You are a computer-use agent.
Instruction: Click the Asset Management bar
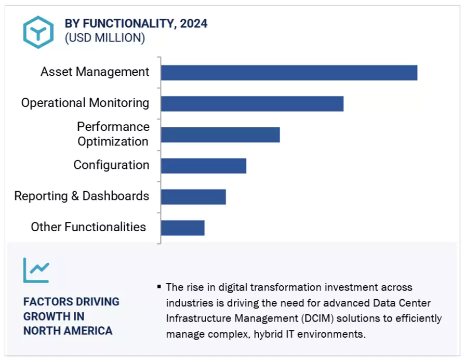click(x=289, y=73)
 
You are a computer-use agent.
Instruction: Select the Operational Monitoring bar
click(x=252, y=103)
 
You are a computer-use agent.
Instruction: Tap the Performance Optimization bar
click(x=220, y=135)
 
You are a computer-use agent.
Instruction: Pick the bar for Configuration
click(x=203, y=166)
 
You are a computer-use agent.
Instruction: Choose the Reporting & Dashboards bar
click(x=193, y=197)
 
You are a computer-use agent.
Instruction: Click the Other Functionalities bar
click(x=182, y=228)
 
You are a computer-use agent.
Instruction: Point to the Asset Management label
click(x=95, y=72)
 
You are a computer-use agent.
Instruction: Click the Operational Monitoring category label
click(x=85, y=103)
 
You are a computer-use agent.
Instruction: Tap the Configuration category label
click(x=111, y=165)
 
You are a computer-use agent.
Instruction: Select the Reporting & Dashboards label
click(x=82, y=196)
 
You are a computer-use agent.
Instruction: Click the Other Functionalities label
click(x=88, y=227)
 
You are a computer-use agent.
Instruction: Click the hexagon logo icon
click(x=38, y=32)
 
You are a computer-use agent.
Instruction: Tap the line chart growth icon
click(x=36, y=270)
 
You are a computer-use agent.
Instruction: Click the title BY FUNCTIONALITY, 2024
click(x=136, y=23)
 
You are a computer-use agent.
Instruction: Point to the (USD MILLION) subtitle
click(x=104, y=38)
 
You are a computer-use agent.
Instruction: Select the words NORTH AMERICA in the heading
click(x=68, y=331)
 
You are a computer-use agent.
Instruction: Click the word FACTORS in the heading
click(x=46, y=302)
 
